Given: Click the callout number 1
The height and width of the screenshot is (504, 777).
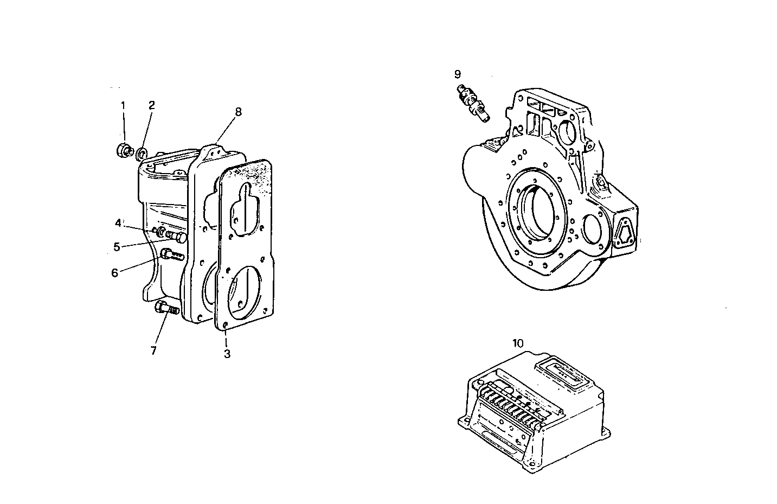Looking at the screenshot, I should point(123,105).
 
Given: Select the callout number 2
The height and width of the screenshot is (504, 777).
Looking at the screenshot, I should point(152,105).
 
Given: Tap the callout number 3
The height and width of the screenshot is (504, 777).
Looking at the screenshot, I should point(227,354).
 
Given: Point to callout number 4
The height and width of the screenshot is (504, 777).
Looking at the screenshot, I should point(118,223).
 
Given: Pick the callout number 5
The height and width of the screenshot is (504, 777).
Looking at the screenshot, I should point(117,247).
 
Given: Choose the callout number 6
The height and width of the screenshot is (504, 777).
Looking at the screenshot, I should point(114,273).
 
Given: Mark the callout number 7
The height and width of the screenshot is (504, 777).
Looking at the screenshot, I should point(153,351).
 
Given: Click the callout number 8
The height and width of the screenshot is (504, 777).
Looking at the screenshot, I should point(238,112).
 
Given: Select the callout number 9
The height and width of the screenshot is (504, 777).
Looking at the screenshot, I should point(458,74).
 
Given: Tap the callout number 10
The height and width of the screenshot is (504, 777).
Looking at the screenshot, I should point(518,343).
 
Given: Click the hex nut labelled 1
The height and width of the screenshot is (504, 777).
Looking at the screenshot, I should point(124,150).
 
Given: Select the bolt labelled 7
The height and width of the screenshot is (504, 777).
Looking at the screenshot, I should point(166,309).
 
